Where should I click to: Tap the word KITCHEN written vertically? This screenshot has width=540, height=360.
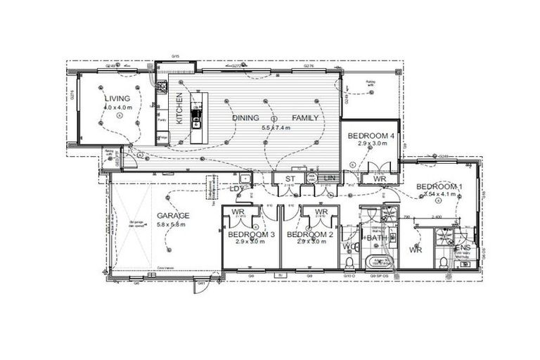179,108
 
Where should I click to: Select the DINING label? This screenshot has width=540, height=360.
246,118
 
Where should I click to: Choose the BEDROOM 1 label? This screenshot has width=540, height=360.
439,186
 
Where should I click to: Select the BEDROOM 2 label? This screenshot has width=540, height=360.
309,234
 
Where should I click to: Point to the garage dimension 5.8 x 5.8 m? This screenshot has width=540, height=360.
172,226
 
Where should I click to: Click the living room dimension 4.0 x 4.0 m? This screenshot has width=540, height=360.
117,108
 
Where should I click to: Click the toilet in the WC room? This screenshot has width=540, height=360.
349,263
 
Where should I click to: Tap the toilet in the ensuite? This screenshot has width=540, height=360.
442,263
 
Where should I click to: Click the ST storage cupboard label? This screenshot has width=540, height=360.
288,180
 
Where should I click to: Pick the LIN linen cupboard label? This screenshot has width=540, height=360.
328,180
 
